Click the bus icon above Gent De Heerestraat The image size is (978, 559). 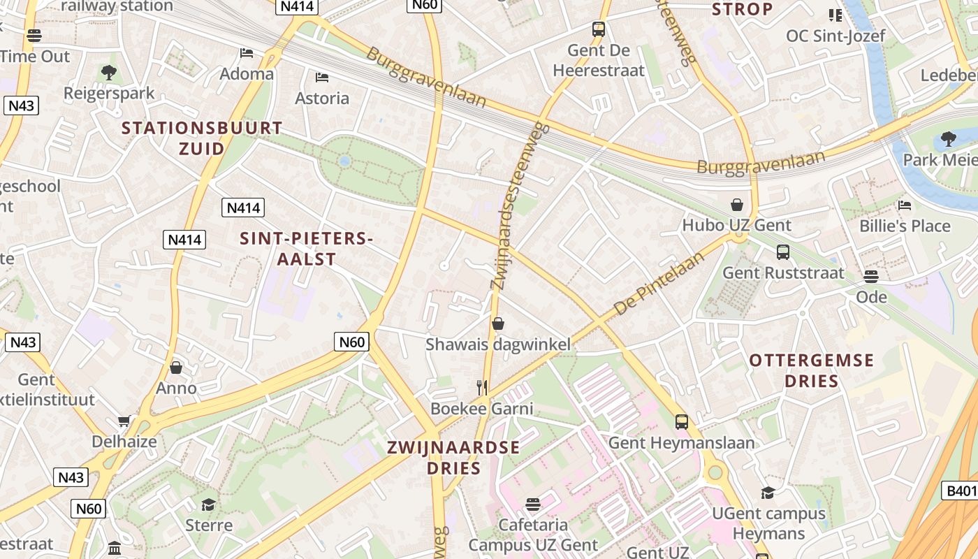(598, 29)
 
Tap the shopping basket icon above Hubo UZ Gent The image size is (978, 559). (736, 205)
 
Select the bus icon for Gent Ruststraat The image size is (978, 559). (782, 252)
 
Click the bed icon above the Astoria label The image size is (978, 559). (321, 78)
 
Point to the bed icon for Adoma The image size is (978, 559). (246, 53)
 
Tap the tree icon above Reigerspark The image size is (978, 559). (108, 72)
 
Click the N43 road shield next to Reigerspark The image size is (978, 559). (21, 106)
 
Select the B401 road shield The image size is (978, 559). (961, 491)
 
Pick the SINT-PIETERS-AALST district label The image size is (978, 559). (306, 248)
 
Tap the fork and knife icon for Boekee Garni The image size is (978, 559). (481, 388)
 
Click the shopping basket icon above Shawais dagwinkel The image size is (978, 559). (498, 324)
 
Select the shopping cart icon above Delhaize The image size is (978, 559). (124, 421)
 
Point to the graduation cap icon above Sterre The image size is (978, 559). (208, 504)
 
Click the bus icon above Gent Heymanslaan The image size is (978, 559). (681, 422)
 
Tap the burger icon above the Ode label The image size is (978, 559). (870, 277)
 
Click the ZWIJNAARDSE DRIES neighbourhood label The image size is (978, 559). (454, 457)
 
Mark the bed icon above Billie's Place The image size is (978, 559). (905, 205)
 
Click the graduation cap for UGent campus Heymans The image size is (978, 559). (768, 493)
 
